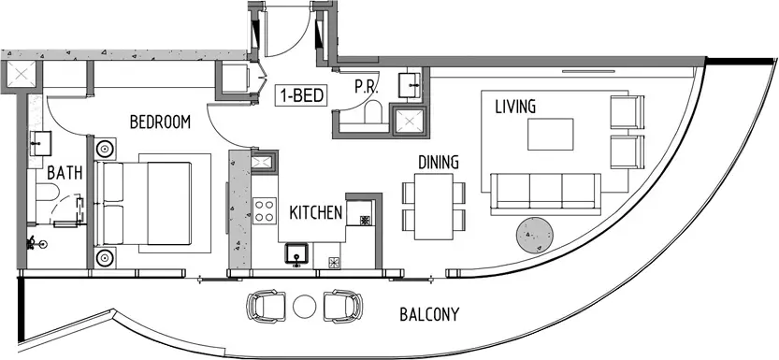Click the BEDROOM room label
[160, 122]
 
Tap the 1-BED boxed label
[302, 95]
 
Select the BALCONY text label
[429, 314]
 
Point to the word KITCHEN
[316, 213]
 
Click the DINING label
[438, 163]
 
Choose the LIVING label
[515, 107]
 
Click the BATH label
[65, 173]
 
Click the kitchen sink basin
[296, 254]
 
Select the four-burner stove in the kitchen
[265, 210]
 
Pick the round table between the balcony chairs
[305, 306]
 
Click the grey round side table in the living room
[535, 236]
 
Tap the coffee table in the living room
[551, 134]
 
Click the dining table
[434, 207]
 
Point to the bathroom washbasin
[41, 143]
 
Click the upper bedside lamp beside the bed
[106, 149]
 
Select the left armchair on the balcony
[267, 306]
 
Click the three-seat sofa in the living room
[545, 194]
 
